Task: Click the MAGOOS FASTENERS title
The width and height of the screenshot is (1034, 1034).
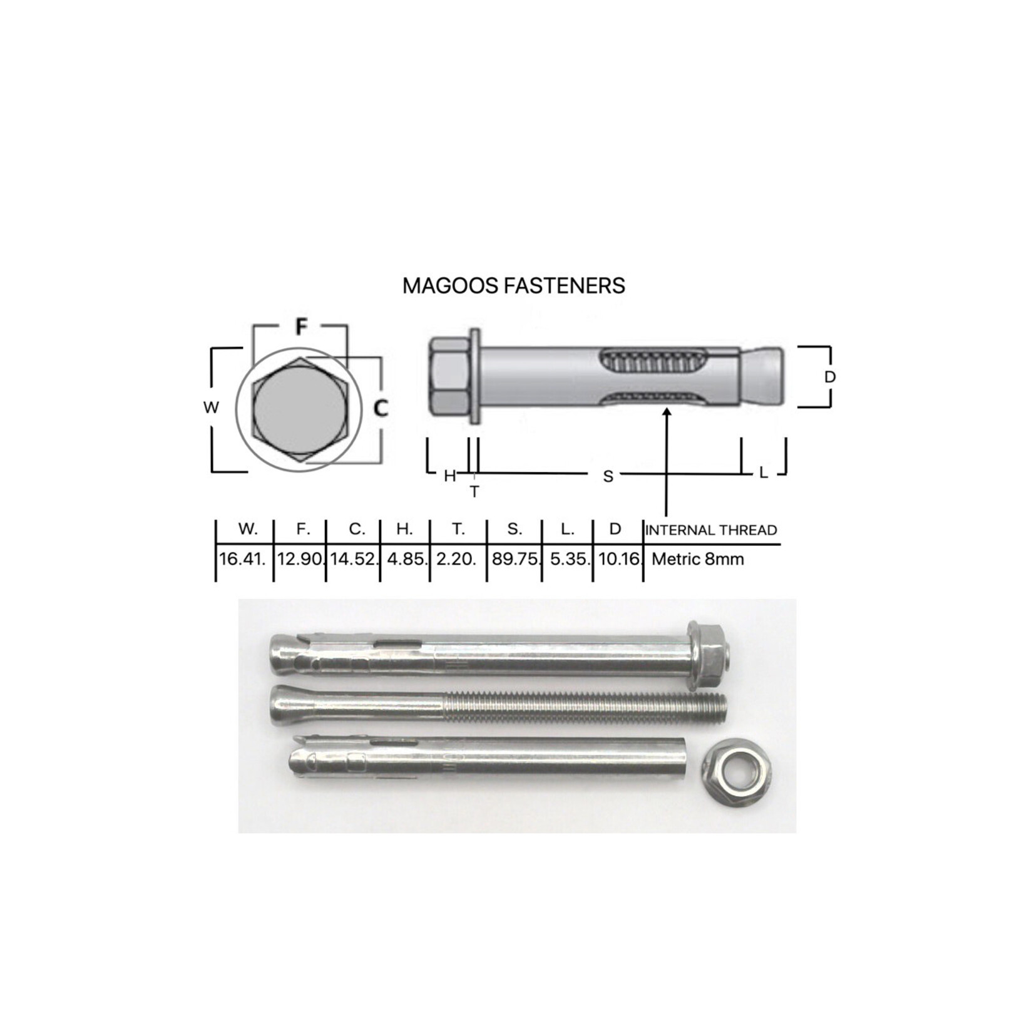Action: coord(513,286)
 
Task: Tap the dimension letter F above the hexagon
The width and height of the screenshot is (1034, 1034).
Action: coord(301,326)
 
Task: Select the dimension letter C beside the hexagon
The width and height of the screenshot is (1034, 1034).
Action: coord(381,408)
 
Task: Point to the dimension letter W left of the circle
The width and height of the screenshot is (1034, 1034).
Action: coord(211,407)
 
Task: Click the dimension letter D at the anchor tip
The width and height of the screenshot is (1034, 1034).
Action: coord(830,377)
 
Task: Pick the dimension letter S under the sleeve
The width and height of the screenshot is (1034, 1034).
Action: coord(608,476)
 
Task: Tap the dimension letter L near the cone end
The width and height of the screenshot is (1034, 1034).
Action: coord(763,473)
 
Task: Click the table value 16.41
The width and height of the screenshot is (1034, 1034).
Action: coord(243,558)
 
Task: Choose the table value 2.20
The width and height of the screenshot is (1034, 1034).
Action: coord(457,558)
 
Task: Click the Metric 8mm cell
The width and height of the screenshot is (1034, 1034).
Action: coord(697,558)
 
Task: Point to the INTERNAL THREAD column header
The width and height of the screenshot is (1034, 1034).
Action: coord(711,530)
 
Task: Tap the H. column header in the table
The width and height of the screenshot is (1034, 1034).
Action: coord(404,530)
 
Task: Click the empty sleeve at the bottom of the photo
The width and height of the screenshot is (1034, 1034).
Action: coord(488,763)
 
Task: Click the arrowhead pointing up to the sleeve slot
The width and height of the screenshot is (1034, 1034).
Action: coord(667,412)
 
